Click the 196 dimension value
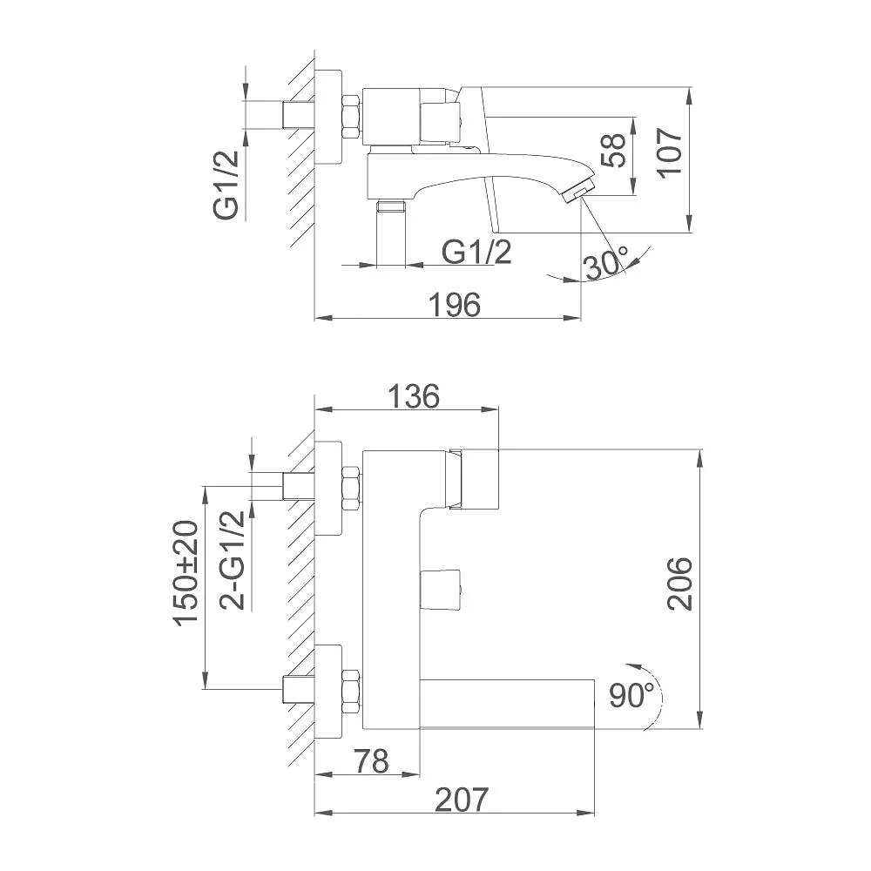pos(455,305)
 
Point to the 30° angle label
pos(606,263)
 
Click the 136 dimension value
pos(413,396)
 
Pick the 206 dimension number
pos(680,584)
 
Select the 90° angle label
pos(631,695)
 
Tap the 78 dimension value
pos(372,761)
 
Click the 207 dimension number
pos(462,800)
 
